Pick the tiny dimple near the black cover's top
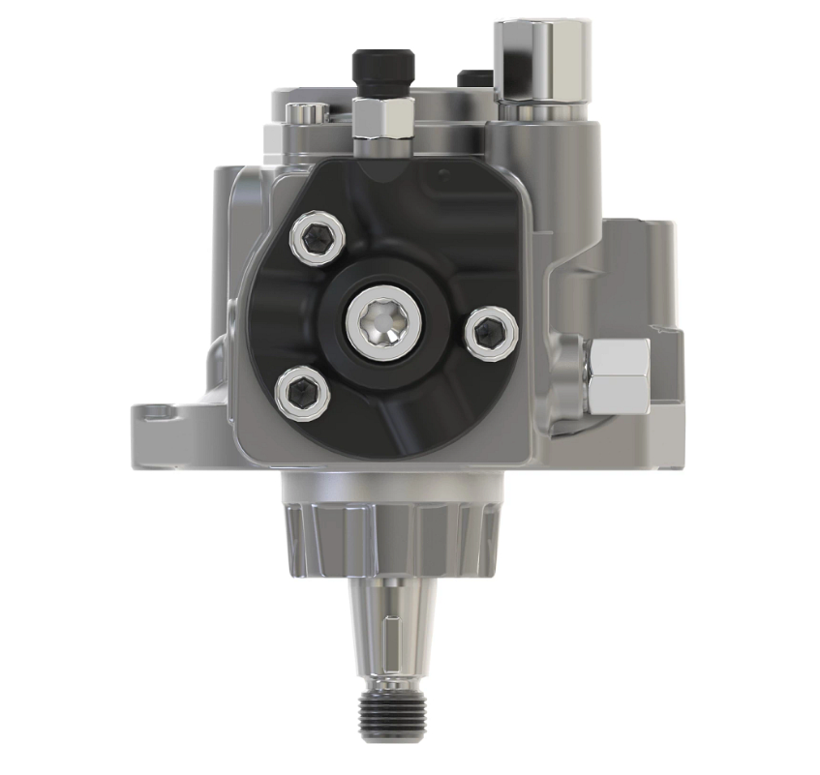point(442,174)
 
